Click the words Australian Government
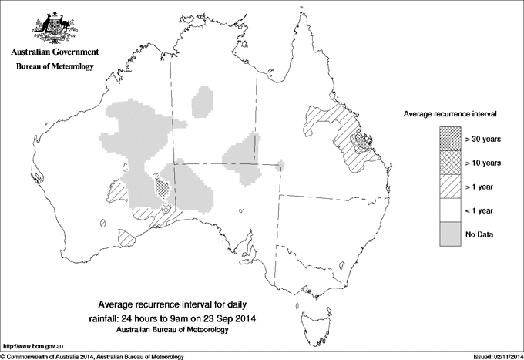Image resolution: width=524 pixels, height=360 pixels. (54, 52)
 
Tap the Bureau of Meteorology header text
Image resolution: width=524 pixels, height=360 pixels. (54, 67)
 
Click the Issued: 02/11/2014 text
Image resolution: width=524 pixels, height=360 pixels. (493, 356)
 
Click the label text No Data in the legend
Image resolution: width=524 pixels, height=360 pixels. (479, 234)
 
